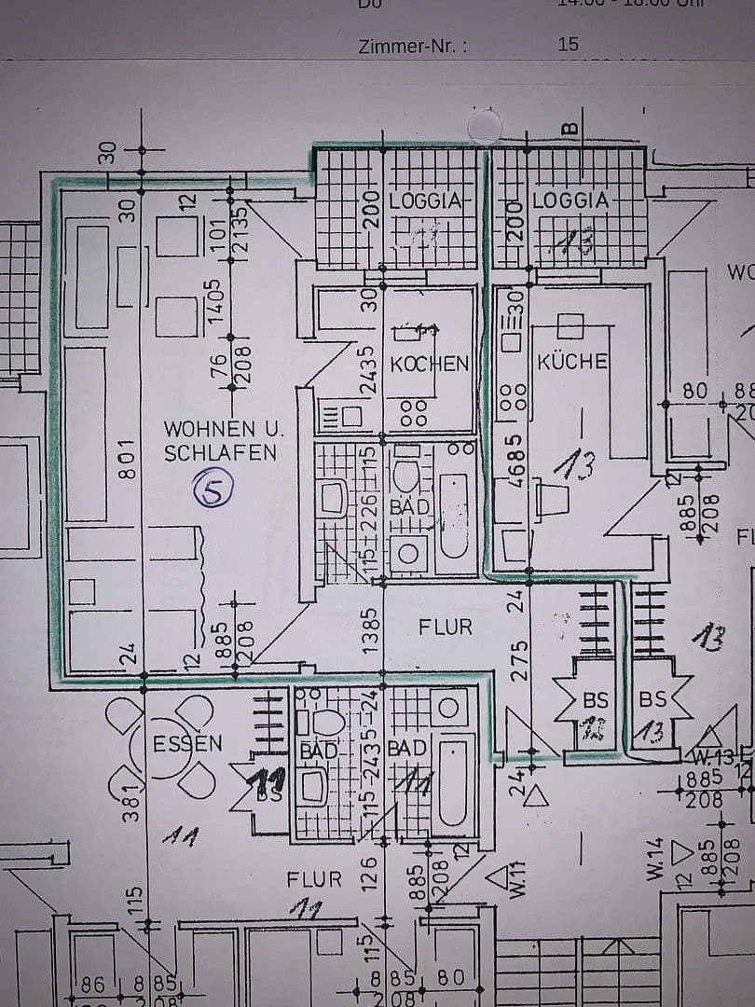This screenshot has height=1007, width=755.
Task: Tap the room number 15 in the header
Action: (x=568, y=44)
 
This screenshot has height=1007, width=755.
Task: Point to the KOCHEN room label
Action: (x=429, y=364)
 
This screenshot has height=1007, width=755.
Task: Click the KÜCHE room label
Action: (x=572, y=361)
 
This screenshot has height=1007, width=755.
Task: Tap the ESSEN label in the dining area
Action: (x=187, y=743)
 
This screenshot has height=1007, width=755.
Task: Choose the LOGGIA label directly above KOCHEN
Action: (x=425, y=200)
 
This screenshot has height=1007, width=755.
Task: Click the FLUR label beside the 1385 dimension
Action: (x=446, y=628)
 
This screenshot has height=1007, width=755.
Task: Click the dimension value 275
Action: (x=520, y=659)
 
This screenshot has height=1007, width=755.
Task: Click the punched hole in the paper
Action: (x=486, y=125)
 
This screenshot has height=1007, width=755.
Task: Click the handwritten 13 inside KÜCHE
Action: (x=579, y=462)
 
